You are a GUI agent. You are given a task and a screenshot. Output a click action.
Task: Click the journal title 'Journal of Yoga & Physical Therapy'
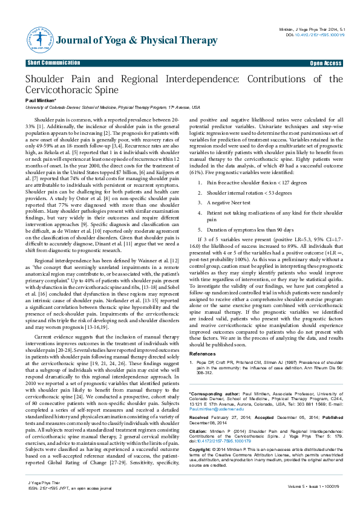136,41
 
